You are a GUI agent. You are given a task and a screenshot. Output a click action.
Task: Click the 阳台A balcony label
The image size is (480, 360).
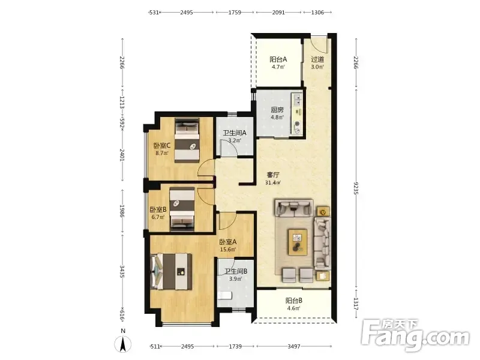point(278,59)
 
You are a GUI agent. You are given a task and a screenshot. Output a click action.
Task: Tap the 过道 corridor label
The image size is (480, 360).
point(317,59)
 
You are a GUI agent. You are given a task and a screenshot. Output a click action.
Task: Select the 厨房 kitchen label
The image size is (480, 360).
point(277,110)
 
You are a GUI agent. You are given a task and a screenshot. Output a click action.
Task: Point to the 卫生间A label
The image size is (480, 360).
point(235,133)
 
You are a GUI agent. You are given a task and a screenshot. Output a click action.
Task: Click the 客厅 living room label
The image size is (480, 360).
point(273,175)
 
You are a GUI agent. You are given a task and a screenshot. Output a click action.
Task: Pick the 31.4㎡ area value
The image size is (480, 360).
point(273,183)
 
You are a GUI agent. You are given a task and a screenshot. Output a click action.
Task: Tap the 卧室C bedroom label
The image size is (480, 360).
point(162,145)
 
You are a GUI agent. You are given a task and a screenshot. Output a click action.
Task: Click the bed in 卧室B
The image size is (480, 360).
point(182,208)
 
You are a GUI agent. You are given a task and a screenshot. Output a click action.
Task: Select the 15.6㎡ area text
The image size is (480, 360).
point(228,250)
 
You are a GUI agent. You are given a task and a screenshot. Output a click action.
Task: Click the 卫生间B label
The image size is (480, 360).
point(236,271)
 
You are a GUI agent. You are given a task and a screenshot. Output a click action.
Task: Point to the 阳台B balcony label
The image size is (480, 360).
point(294,301)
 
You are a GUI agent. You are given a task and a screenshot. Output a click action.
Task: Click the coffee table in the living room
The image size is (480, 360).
point(298,242)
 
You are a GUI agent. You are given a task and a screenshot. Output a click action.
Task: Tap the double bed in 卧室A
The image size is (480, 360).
point(172,272)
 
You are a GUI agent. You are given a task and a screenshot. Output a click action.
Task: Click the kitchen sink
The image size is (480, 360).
point(297,99)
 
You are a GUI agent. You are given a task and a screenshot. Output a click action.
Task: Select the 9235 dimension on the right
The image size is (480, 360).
point(356,188)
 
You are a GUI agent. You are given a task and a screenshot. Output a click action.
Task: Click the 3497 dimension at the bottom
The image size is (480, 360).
point(294,347)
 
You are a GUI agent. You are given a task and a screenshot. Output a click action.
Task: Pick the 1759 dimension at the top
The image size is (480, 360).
point(235,13)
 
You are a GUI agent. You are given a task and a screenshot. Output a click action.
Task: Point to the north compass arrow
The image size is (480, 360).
point(123,343)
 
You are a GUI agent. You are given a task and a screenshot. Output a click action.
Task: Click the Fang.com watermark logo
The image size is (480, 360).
point(415,335)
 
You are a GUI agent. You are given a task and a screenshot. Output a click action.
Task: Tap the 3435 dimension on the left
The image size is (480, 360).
point(122,271)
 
